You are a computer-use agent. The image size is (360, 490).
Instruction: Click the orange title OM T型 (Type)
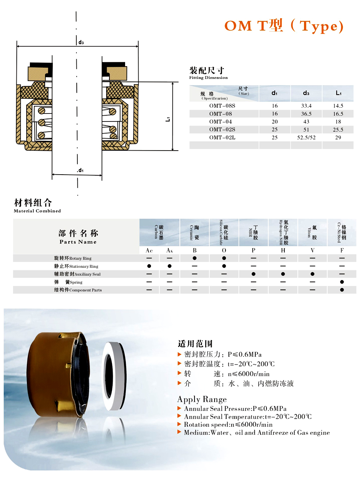click(x=284, y=26)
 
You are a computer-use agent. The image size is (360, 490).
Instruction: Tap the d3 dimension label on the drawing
click(x=81, y=42)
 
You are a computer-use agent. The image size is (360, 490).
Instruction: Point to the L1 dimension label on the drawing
click(x=168, y=119)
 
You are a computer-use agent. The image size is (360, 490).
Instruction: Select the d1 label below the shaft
click(x=80, y=170)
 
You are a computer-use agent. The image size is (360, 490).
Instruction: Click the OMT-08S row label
click(x=222, y=106)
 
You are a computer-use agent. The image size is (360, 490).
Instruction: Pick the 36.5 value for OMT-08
click(x=306, y=114)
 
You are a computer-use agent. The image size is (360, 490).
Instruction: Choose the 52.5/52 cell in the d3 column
click(x=306, y=138)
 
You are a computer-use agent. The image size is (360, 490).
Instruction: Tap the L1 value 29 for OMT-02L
click(x=338, y=138)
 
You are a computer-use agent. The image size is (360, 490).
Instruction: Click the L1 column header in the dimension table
click(x=338, y=93)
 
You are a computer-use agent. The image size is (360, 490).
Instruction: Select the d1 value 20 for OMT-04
click(x=275, y=121)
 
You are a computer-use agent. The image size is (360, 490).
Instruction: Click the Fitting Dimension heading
click(x=208, y=77)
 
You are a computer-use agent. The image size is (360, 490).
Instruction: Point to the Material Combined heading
click(x=37, y=211)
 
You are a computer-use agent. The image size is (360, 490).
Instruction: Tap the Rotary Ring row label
click(x=73, y=258)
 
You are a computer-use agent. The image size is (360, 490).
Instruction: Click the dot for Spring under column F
click(x=342, y=282)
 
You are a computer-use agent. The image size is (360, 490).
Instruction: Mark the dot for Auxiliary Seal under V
click(x=312, y=274)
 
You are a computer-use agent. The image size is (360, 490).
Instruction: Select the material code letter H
click(x=283, y=250)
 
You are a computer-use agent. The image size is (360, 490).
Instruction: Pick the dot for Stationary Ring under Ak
click(x=169, y=266)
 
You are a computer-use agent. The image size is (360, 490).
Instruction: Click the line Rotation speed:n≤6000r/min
click(x=228, y=425)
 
